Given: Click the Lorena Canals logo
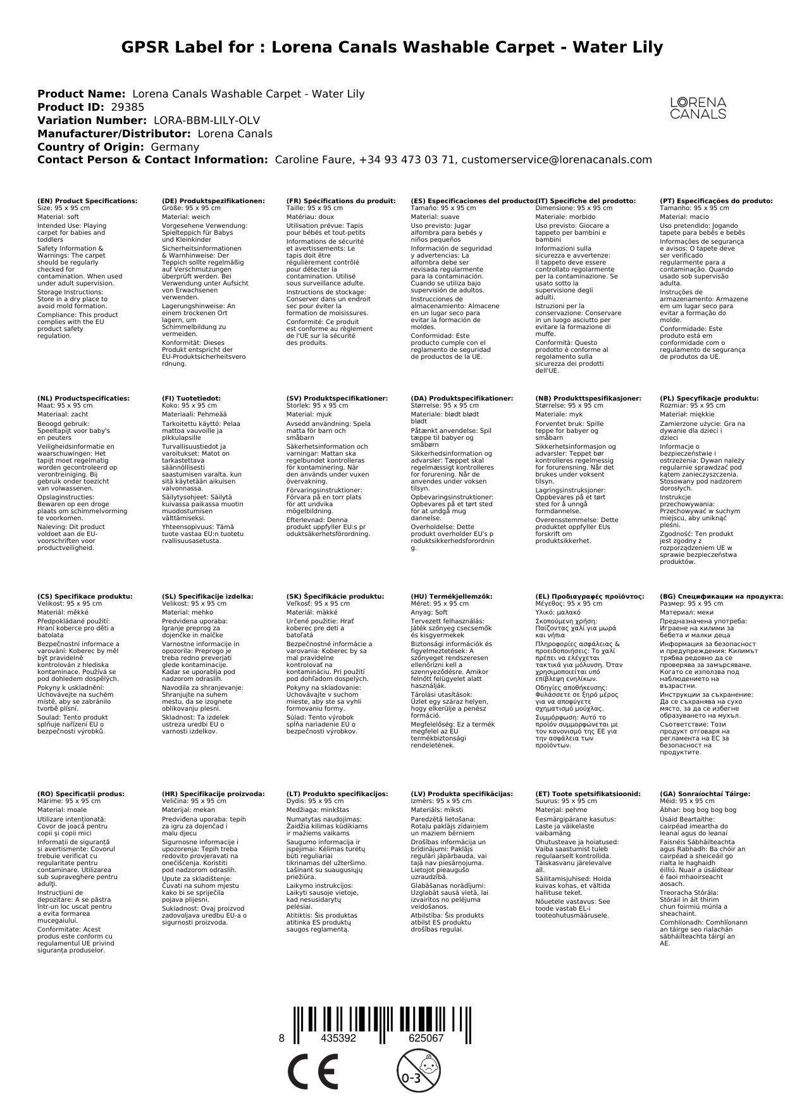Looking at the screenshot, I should point(698,108).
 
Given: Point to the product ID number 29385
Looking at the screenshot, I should point(127,107).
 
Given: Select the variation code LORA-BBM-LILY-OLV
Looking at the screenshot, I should point(207,120).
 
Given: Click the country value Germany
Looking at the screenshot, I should point(175,147).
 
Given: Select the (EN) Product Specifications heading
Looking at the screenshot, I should point(87,201).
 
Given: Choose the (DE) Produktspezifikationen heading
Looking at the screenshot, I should point(213,201).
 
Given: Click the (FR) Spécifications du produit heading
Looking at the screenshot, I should point(341,201).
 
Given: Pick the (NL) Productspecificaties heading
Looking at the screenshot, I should point(83,399).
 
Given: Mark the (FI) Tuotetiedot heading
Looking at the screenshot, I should point(191,399).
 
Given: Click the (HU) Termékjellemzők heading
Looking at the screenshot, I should point(451,596).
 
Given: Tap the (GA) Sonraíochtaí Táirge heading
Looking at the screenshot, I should point(705,794).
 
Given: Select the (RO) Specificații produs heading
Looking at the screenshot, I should point(81,794).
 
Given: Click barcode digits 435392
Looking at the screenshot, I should point(338,1038).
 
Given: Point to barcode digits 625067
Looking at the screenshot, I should point(426,1038).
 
